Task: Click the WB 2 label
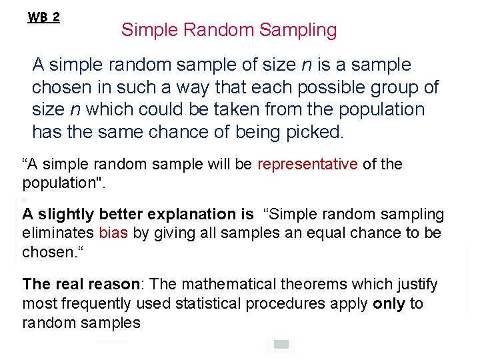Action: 43,17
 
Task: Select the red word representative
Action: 308,164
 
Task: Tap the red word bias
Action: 113,233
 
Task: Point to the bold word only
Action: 389,304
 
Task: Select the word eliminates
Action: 58,233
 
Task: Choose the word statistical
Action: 213,304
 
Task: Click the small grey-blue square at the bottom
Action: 281,345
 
